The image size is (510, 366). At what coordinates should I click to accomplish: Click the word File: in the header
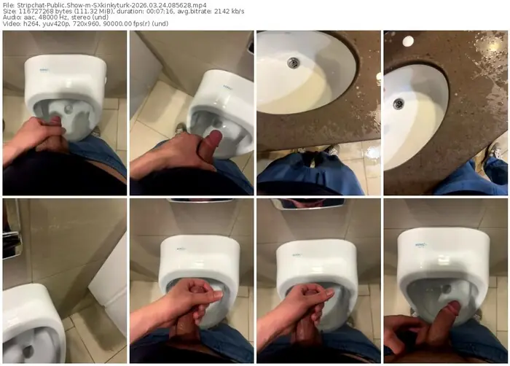pyautogui.click(x=9, y=5)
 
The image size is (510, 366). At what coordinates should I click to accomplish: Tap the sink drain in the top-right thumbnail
pyautogui.click(x=399, y=104)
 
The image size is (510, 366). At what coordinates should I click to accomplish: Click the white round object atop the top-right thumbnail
pyautogui.click(x=408, y=41)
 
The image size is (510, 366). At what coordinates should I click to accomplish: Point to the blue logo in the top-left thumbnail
pyautogui.click(x=44, y=69)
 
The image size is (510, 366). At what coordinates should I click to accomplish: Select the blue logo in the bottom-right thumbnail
pyautogui.click(x=420, y=245)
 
